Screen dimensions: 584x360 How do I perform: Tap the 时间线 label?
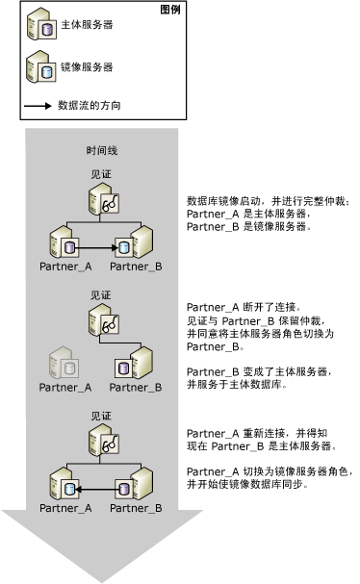tap(103, 152)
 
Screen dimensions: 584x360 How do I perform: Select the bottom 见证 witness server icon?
tap(104, 440)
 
